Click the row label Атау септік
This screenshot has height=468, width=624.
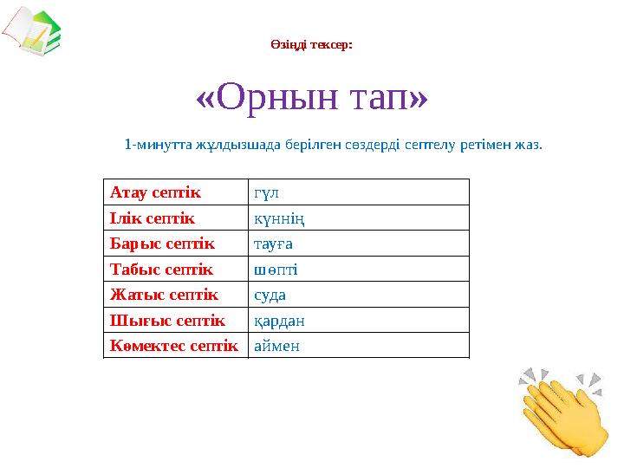click(x=154, y=192)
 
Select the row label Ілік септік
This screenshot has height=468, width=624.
click(x=152, y=218)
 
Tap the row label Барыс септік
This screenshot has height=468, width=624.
click(x=161, y=244)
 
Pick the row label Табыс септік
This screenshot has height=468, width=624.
click(x=160, y=270)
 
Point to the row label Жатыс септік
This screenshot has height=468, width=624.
click(x=163, y=295)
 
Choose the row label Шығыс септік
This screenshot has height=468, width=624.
click(x=166, y=321)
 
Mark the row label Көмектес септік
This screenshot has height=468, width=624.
click(x=173, y=346)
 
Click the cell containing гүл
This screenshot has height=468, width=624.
click(x=266, y=192)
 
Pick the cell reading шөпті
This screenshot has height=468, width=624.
click(x=275, y=270)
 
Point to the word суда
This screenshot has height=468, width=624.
click(x=270, y=295)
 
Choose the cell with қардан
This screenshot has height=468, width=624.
click(x=278, y=321)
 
